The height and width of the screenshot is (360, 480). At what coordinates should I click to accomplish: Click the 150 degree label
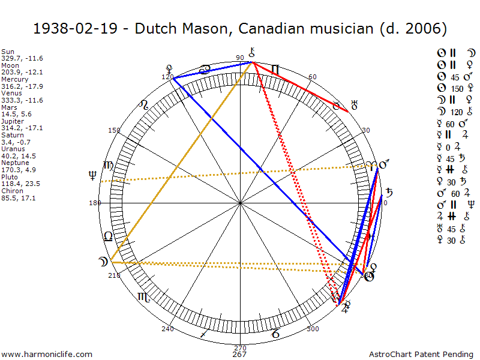tap(114, 130)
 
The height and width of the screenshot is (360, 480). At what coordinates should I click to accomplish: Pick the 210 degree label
tap(115, 275)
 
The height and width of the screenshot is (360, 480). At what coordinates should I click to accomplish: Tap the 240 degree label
tap(167, 329)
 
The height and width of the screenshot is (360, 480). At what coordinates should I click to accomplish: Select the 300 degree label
tap(312, 329)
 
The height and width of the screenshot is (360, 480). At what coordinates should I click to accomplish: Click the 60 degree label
tap(312, 77)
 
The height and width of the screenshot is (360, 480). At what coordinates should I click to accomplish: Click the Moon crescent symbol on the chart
tap(103, 262)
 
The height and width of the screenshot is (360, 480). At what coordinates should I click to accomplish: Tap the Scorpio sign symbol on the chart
tap(144, 296)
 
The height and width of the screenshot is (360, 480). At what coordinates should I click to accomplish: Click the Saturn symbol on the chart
tap(389, 193)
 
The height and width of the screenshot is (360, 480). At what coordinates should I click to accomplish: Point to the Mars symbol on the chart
tap(383, 164)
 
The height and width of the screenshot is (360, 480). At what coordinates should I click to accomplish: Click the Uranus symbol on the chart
tap(354, 106)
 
